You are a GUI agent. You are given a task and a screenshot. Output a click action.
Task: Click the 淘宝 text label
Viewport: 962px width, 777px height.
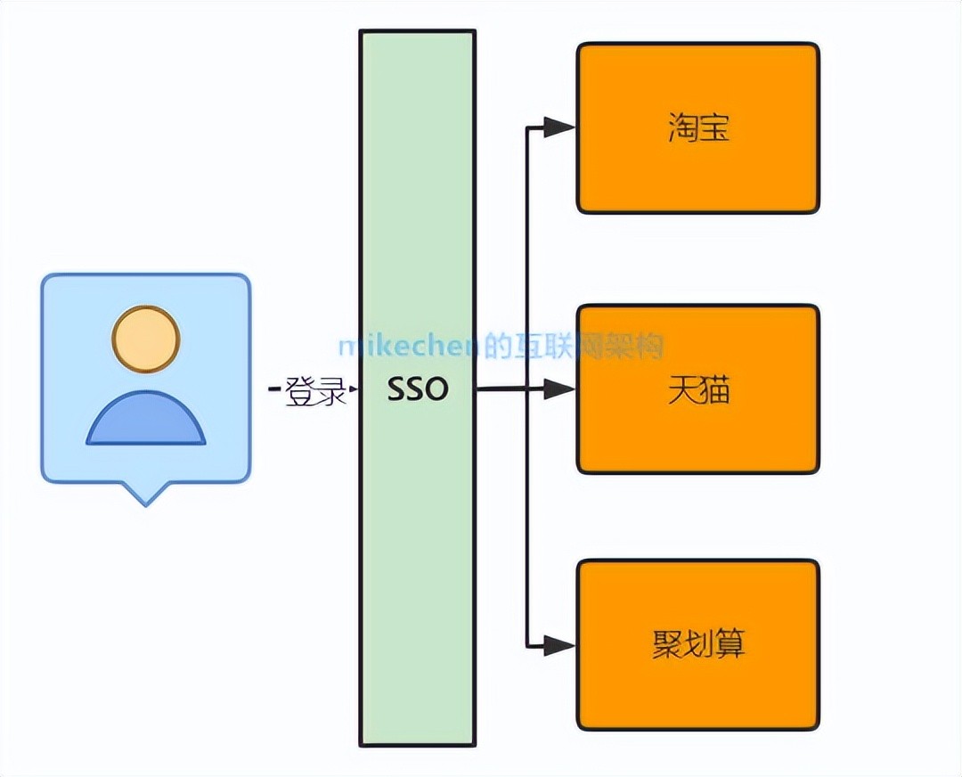698,128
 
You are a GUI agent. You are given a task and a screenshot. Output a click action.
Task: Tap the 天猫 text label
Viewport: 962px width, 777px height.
698,389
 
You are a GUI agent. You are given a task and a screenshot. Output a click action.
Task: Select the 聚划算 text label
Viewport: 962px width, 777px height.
698,643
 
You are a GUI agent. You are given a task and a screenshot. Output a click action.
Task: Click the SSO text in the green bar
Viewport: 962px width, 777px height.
418,389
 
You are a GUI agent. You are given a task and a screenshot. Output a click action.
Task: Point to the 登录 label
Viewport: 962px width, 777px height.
315,391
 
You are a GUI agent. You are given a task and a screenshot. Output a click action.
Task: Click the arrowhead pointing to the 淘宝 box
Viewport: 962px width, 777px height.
560,127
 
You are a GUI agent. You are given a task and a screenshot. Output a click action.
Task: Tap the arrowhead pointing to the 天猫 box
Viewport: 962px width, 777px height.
560,389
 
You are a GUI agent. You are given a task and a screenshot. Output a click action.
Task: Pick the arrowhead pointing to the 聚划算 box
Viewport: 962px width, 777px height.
560,644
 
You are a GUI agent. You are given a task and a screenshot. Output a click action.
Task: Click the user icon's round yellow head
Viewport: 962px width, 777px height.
146,339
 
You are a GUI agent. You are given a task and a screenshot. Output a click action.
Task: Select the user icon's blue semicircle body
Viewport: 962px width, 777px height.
146,421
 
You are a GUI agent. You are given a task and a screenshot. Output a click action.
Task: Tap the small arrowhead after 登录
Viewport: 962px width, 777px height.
353,390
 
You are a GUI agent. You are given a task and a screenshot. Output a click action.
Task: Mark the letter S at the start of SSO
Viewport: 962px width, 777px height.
396,389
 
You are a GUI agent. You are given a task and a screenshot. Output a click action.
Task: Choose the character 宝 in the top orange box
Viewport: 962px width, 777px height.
714,128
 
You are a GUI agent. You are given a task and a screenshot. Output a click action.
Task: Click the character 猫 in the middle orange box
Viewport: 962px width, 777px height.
714,389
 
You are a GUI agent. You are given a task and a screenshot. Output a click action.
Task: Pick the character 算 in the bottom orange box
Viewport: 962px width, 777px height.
730,643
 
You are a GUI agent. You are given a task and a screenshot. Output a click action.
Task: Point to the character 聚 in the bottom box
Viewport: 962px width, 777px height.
667,643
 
